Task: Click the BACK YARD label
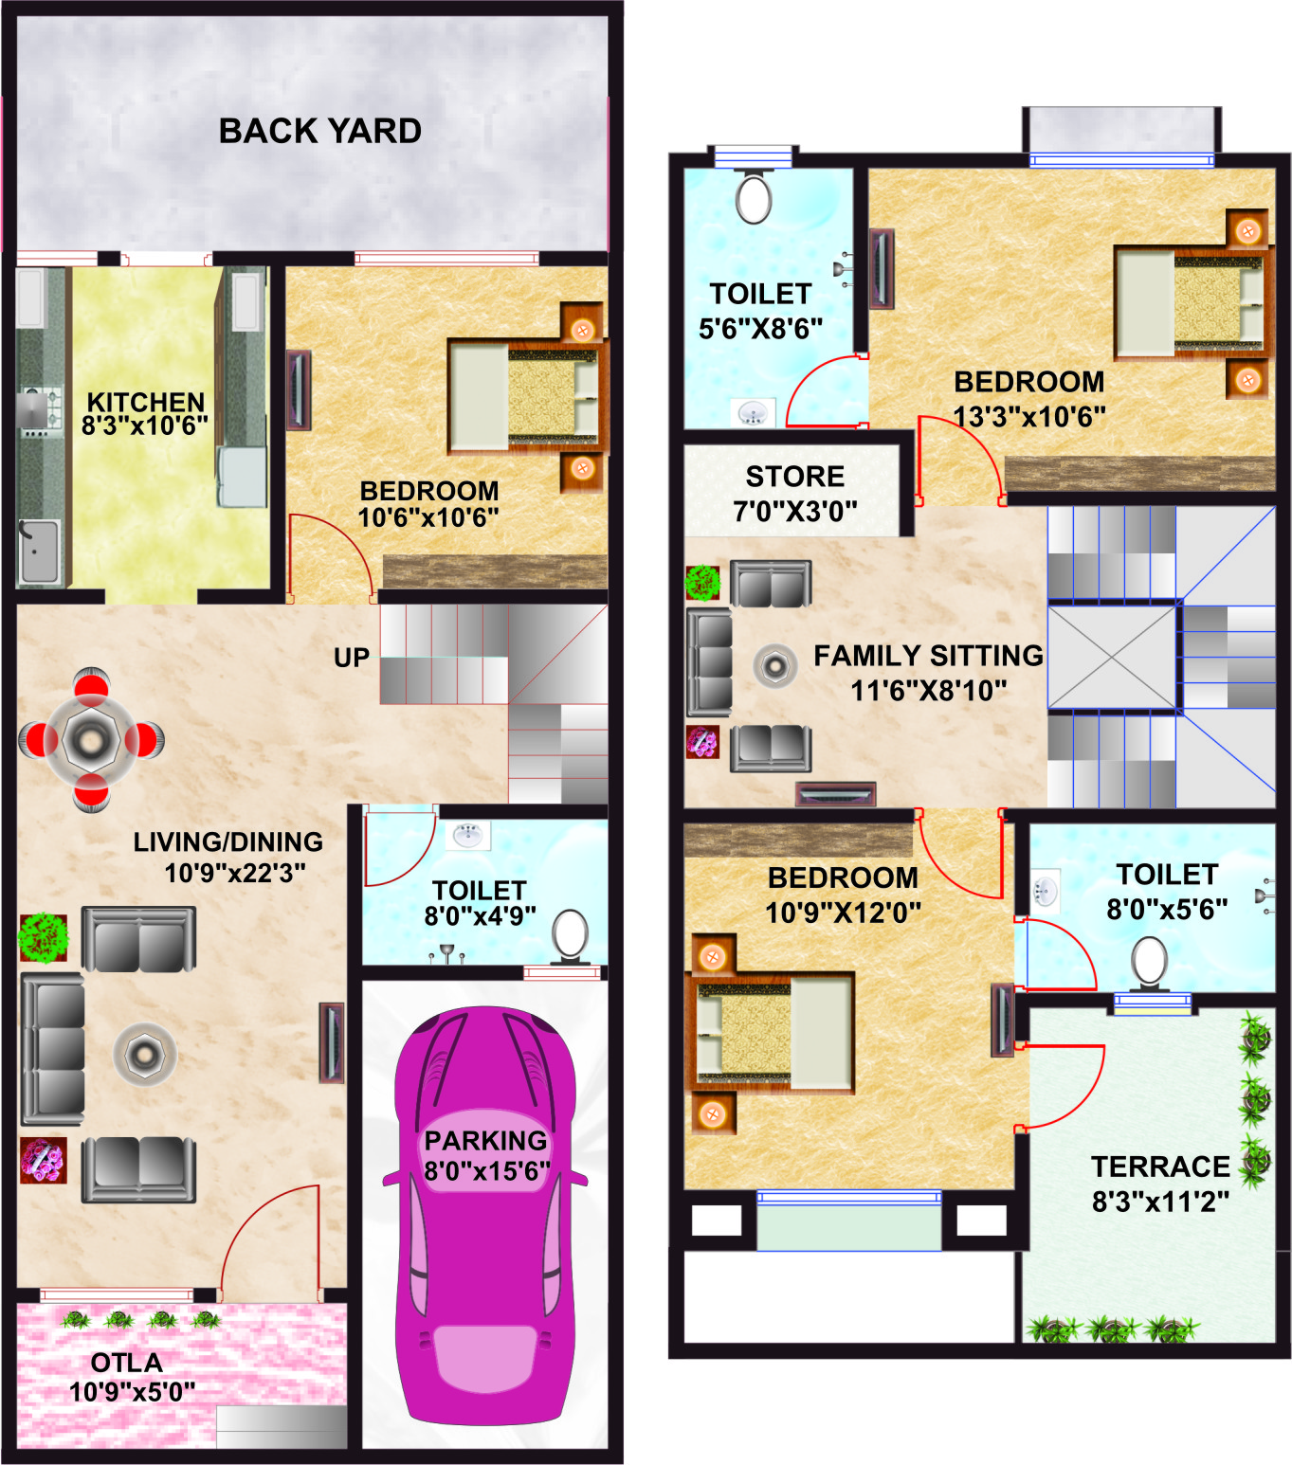tap(319, 131)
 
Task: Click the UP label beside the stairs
tap(352, 658)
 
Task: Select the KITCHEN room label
tap(146, 402)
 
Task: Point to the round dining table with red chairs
tap(91, 740)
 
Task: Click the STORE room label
tap(795, 477)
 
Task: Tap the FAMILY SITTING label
tap(928, 656)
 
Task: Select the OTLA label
tap(127, 1363)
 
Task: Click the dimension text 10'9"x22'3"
tap(235, 873)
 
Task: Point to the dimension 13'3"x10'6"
tap(1029, 417)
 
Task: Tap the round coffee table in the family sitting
tap(775, 666)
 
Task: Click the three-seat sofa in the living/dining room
tap(52, 1048)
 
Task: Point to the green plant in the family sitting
tap(702, 583)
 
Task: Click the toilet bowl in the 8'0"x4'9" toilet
tap(570, 937)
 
